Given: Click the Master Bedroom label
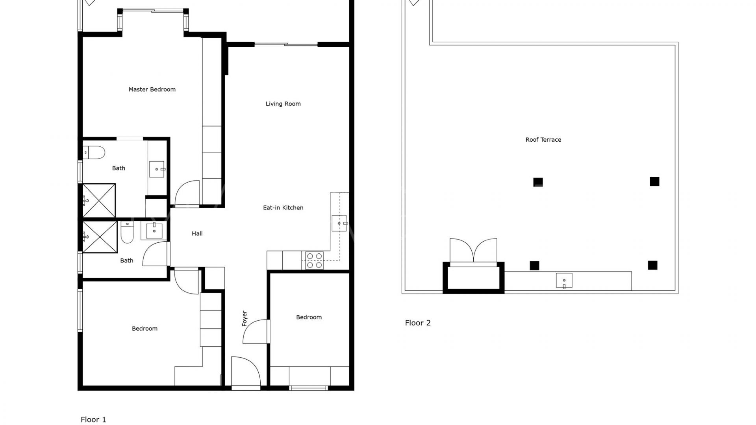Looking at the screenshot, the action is pyautogui.click(x=152, y=89).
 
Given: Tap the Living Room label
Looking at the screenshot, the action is pyautogui.click(x=283, y=104).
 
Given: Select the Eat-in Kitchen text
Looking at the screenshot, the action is pyautogui.click(x=283, y=208).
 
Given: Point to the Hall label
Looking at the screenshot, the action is pyautogui.click(x=197, y=233).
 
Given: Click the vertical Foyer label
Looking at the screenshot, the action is pyautogui.click(x=245, y=318).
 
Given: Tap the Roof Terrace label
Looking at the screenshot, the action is pyautogui.click(x=543, y=140).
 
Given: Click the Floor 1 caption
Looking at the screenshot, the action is pyautogui.click(x=93, y=419).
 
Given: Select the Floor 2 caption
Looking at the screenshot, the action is pyautogui.click(x=418, y=323).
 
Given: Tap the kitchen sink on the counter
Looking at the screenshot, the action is pyautogui.click(x=339, y=224).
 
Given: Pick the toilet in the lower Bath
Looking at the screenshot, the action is pyautogui.click(x=128, y=232).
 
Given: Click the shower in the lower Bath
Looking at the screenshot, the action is pyautogui.click(x=100, y=237).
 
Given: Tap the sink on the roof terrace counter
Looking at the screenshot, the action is pyautogui.click(x=564, y=281).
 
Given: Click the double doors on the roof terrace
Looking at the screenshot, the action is pyautogui.click(x=473, y=250).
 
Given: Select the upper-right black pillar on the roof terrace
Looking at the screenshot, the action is pyautogui.click(x=654, y=181).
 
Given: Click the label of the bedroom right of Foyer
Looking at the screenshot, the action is pyautogui.click(x=309, y=317).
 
